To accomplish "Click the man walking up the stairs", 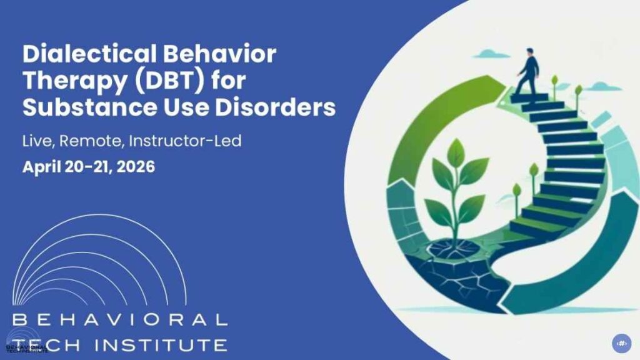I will pyautogui.click(x=527, y=71).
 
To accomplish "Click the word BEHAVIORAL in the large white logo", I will pyautogui.click(x=119, y=321).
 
